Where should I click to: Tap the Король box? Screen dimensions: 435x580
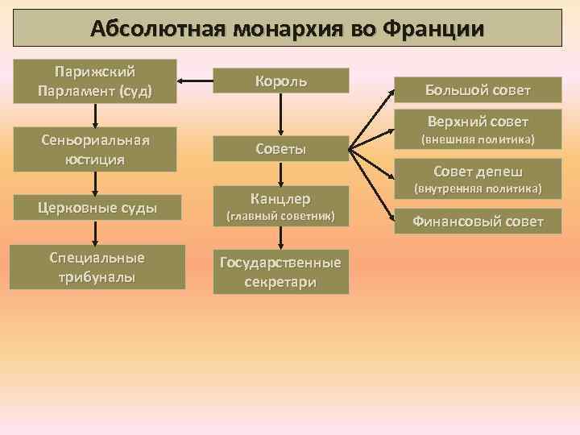point(281,81)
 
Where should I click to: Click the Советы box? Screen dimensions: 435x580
point(281,149)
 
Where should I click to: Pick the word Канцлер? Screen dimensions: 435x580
point(281,198)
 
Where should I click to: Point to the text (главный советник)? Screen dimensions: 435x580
point(281,217)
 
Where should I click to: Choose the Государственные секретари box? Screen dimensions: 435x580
point(281,272)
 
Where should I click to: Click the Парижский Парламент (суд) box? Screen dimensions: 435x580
point(95,81)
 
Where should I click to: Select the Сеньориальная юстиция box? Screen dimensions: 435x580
point(95,149)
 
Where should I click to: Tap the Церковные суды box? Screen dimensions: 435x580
point(95,209)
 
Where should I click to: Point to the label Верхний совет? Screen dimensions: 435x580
point(478,122)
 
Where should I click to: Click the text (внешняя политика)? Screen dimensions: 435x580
point(478,140)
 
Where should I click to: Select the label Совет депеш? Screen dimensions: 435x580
point(478,172)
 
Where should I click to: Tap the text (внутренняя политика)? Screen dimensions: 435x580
point(478,190)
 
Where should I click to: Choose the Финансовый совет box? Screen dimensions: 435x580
point(478,222)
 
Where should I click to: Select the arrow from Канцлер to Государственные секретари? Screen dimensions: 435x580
point(281,238)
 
